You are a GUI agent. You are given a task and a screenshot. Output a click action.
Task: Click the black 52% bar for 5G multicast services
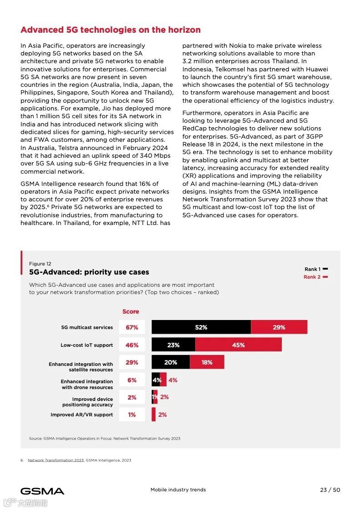pyautogui.click(x=201, y=327)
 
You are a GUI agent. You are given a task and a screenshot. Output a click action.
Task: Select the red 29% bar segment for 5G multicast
pyautogui.click(x=279, y=327)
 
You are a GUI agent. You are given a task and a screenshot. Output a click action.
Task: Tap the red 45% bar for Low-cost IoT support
pyautogui.click(x=238, y=345)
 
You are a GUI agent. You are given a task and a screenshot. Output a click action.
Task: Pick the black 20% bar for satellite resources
pyautogui.click(x=171, y=362)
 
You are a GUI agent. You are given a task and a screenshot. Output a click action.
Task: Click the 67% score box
pyautogui.click(x=132, y=327)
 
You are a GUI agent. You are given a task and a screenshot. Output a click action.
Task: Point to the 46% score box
pyautogui.click(x=132, y=345)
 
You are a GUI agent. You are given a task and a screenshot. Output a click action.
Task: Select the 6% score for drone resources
pyautogui.click(x=132, y=380)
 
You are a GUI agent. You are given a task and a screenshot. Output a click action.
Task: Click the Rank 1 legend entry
pyautogui.click(x=316, y=269)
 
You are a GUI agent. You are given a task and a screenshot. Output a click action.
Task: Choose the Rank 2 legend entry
pyautogui.click(x=315, y=277)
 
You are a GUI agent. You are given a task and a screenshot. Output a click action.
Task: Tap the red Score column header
pyautogui.click(x=131, y=311)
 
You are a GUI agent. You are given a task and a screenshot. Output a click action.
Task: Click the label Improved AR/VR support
pyautogui.click(x=81, y=415)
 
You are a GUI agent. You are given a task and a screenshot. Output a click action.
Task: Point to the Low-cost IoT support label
pyautogui.click(x=86, y=345)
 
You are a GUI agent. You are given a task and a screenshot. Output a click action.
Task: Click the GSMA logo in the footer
pyautogui.click(x=42, y=491)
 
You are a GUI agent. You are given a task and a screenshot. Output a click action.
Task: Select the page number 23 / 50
pyautogui.click(x=330, y=490)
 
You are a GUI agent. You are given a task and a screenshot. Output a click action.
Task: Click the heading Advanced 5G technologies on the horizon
pyautogui.click(x=111, y=30)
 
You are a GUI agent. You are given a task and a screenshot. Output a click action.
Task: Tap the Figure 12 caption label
pyautogui.click(x=40, y=264)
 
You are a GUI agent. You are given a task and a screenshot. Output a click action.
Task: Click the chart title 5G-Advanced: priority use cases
pyautogui.click(x=89, y=272)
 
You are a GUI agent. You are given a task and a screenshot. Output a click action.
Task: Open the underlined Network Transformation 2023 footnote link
pyautogui.click(x=56, y=460)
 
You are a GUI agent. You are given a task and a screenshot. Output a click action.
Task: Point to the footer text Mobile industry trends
pyautogui.click(x=178, y=490)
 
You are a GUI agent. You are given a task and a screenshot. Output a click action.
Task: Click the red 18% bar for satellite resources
pyautogui.click(x=207, y=362)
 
